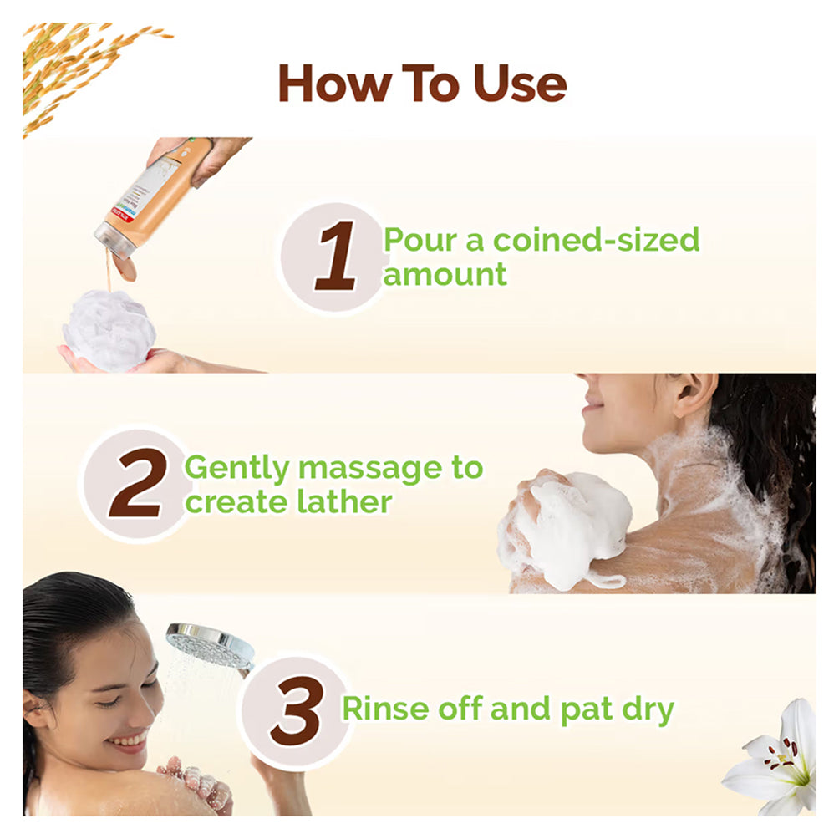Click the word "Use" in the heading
point(520,84)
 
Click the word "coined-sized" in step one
point(596,240)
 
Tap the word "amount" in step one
point(445,275)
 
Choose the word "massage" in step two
point(370,469)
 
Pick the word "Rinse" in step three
point(385,709)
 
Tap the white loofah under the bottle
point(109,330)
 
